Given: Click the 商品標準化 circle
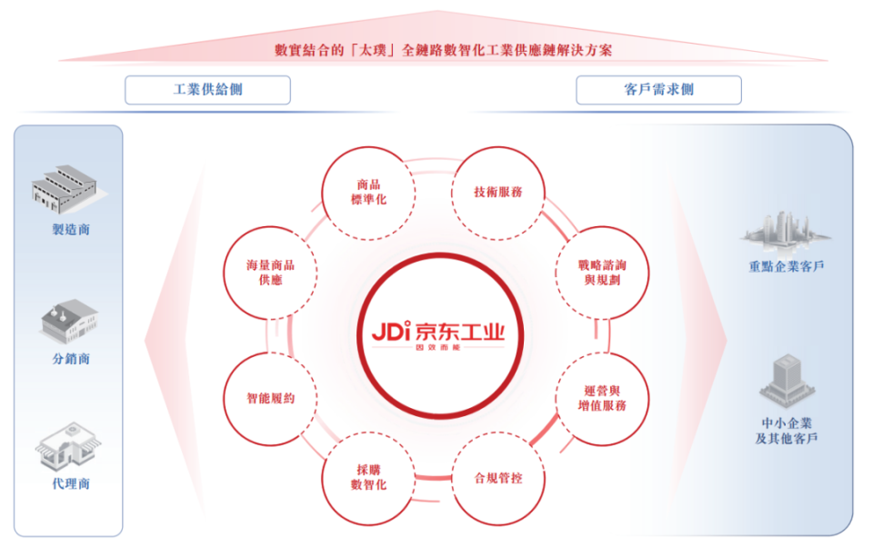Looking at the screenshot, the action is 368,193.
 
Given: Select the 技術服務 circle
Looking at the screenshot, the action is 497,193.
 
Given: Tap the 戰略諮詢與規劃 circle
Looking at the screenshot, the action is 602,272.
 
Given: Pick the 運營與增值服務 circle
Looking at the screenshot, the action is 602,398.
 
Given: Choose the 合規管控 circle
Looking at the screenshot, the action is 497,477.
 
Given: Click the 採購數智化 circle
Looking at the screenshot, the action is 368,477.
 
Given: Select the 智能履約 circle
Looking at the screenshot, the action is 270,398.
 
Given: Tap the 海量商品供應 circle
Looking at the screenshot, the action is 270,272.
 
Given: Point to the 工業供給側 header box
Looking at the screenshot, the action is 207,90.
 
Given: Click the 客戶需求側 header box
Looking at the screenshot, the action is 658,90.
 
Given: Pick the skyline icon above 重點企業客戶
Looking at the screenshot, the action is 786,228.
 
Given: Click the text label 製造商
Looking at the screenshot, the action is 71,230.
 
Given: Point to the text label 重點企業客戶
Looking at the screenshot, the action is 787,267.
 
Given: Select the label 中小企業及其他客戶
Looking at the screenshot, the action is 787,431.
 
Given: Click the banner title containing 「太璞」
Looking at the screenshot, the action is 444,50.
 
